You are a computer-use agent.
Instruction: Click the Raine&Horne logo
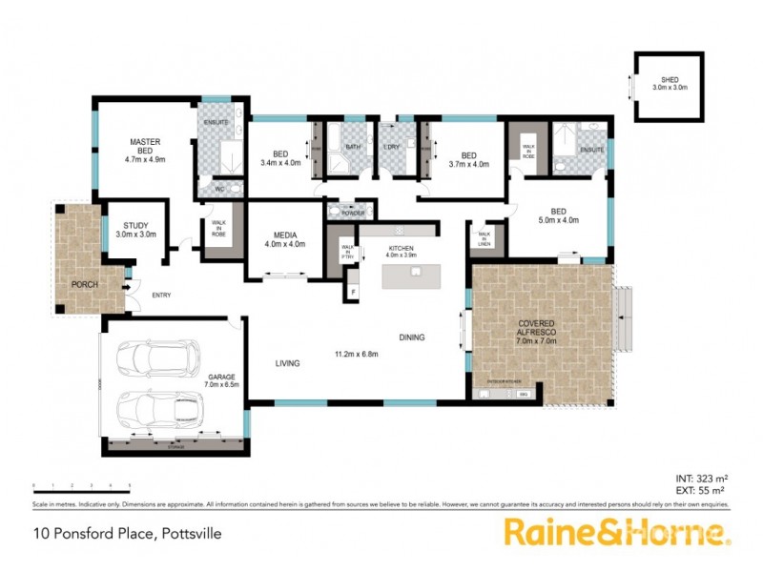617,532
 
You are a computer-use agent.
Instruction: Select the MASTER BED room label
145,151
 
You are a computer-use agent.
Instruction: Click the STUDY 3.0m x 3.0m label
135,228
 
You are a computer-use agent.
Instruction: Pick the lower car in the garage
157,411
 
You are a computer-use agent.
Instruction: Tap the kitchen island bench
415,276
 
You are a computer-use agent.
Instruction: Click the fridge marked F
353,291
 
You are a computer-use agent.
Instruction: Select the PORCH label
84,284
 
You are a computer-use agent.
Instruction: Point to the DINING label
412,337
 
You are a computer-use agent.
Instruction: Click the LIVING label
288,363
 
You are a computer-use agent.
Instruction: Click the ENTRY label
162,295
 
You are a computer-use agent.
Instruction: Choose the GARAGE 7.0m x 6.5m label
222,380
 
